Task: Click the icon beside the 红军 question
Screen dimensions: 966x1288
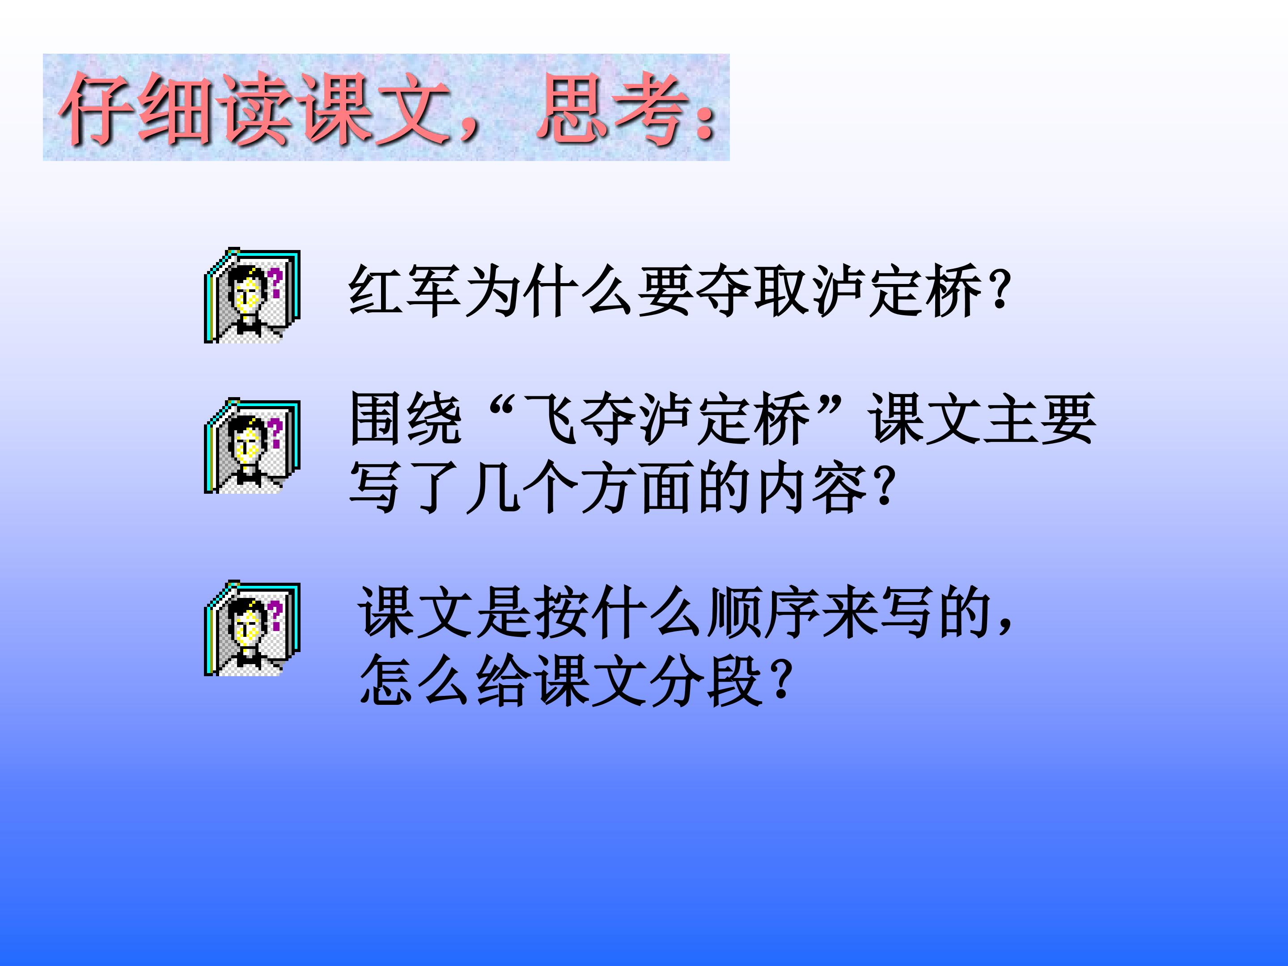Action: coord(252,296)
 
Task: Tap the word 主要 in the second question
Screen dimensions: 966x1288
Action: coord(1040,419)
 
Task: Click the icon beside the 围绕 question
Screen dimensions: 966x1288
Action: coord(252,446)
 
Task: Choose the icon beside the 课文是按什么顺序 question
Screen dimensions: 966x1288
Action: coord(252,628)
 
